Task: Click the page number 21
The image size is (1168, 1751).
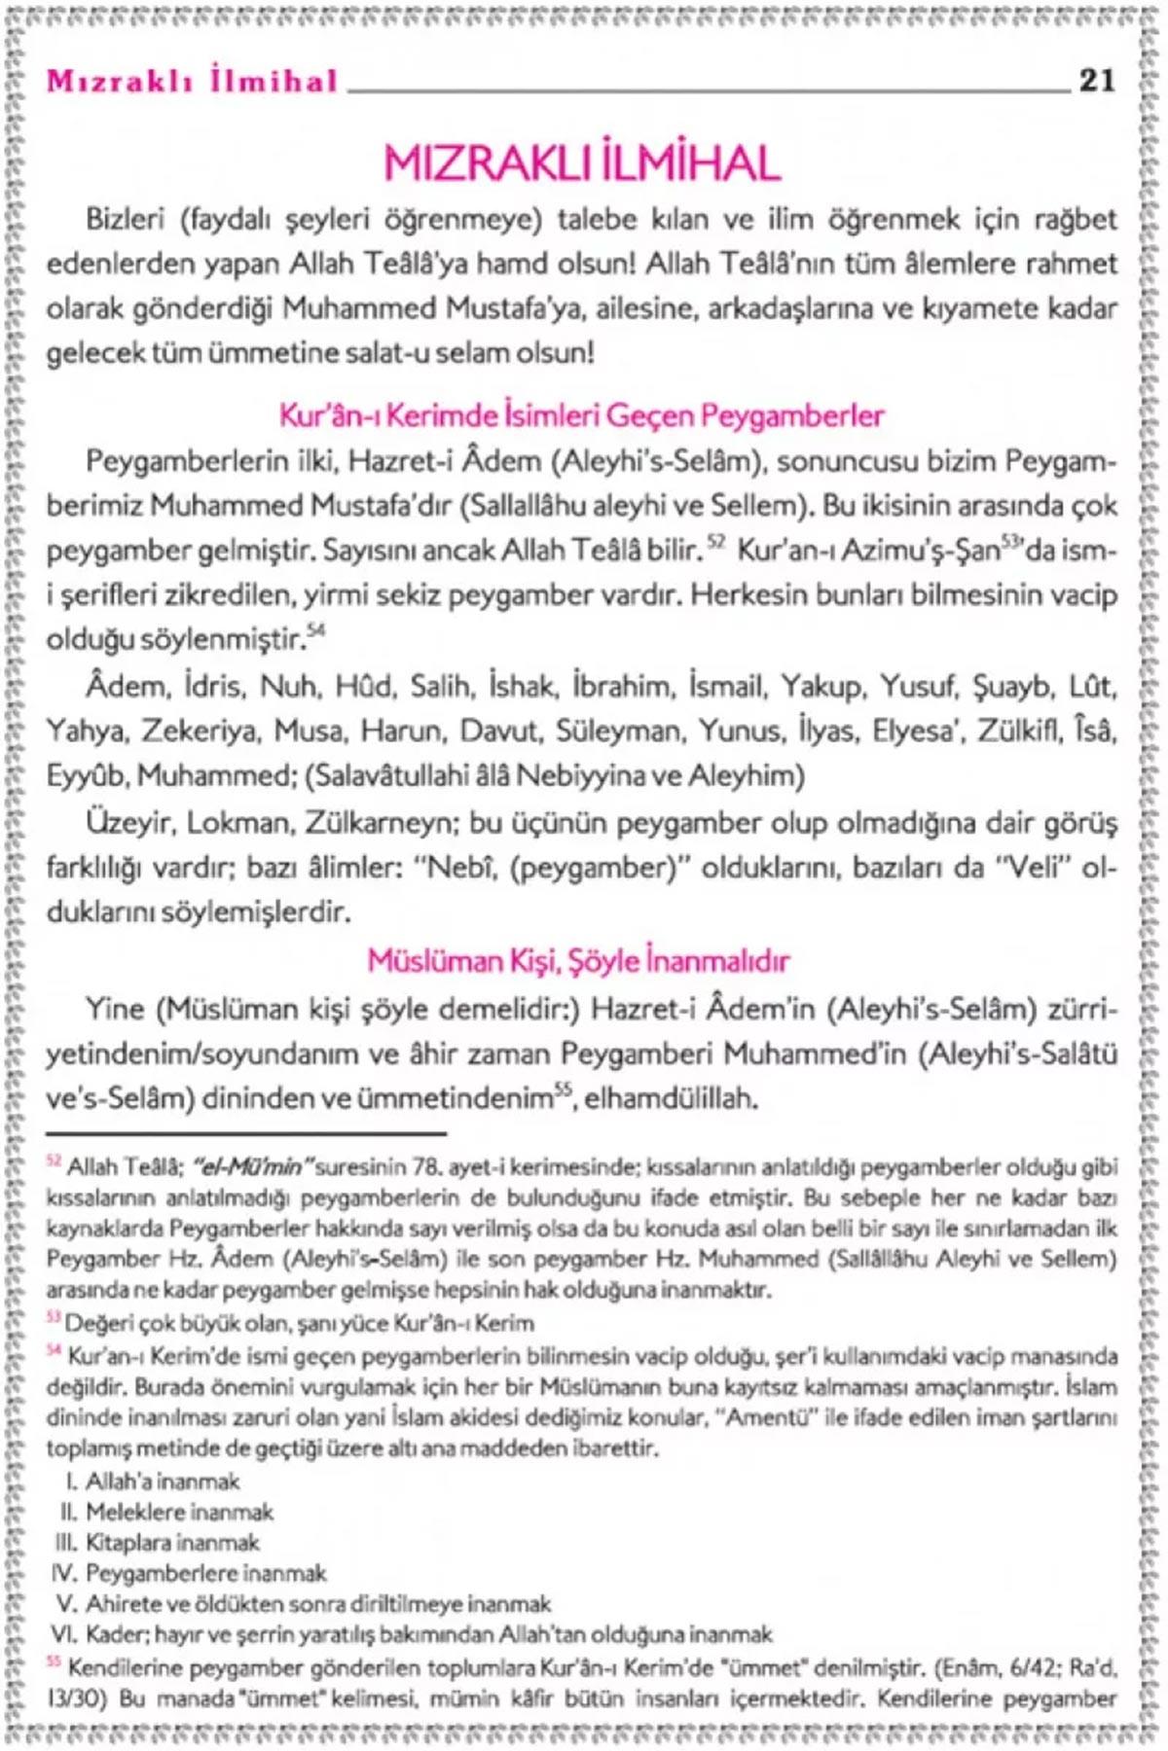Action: tap(1097, 80)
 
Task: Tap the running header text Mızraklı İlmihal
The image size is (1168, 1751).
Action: tap(192, 82)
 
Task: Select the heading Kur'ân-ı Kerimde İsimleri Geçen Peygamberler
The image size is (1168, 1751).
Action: tap(582, 416)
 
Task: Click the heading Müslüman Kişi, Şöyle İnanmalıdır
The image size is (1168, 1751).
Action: tap(578, 961)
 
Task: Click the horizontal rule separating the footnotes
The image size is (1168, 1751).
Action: tap(246, 1133)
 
